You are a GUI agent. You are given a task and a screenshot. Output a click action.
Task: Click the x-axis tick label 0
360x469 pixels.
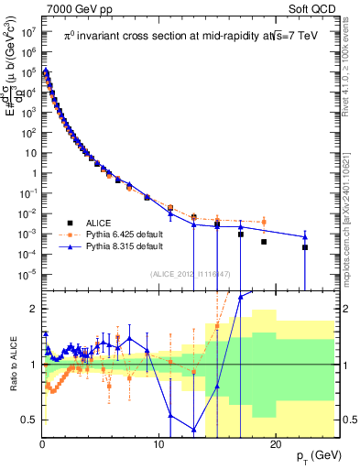42,444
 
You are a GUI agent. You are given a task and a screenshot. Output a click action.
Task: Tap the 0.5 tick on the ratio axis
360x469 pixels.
30,420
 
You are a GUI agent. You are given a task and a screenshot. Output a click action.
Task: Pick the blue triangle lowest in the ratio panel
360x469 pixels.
194,429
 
